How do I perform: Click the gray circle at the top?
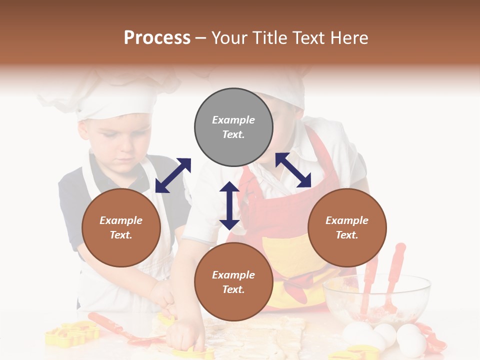coord(233,127)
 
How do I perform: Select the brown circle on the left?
coord(121,227)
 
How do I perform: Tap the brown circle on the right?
coord(347,227)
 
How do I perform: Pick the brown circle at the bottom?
coord(233,281)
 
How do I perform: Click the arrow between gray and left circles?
coord(173,175)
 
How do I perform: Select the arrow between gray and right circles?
coord(293,170)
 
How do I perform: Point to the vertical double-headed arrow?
coord(229,205)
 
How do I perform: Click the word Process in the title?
coord(157,37)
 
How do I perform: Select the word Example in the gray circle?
coord(233,120)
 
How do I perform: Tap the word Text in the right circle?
coord(347,235)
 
